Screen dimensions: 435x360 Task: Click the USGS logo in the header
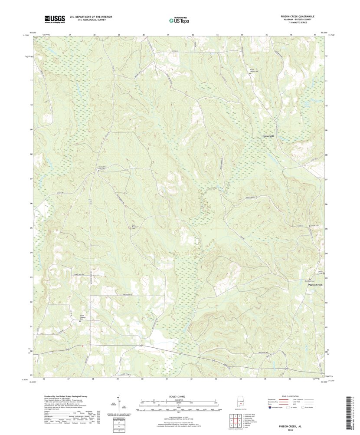pos(54,19)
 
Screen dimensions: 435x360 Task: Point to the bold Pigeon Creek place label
pos(315,285)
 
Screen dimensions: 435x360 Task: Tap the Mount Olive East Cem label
pos(99,167)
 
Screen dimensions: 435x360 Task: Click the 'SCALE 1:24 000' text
pos(179,396)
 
